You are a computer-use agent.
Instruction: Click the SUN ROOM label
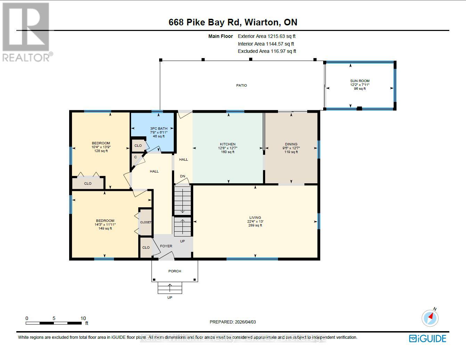pos(360,81)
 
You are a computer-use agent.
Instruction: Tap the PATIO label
pos(242,85)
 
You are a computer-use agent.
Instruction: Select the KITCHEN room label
pos(228,144)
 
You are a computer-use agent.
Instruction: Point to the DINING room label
pos(291,144)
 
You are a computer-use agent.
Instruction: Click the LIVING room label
pos(255,218)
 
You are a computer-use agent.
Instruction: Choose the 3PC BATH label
pos(159,129)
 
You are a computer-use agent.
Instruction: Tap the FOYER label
pos(166,246)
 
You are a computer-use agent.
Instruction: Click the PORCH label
pos(175,271)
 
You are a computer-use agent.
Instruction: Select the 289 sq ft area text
pos(255,225)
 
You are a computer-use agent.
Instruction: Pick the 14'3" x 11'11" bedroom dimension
pos(105,225)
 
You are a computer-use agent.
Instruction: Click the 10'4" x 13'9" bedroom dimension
pos(101,147)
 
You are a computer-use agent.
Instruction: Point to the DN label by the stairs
pos(182,176)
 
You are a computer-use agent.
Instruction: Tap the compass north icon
pos(430,317)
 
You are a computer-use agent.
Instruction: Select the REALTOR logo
pos(26,32)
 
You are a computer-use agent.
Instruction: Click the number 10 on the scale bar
pos(83,318)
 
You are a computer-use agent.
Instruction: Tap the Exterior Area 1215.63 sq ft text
pos(267,36)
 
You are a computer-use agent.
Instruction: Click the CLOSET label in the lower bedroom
pos(146,222)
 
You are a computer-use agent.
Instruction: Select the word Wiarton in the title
pos(262,22)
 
